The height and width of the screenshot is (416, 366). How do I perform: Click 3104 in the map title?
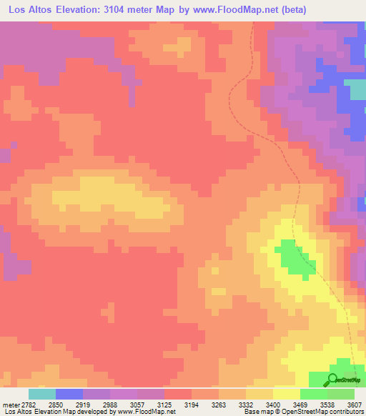pos(132,10)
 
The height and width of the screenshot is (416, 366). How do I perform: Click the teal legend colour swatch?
pos(42,394)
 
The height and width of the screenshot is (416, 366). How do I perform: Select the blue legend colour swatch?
pos(69,394)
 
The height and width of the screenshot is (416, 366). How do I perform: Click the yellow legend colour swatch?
pos(286,394)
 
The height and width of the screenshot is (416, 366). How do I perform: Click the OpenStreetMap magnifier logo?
pos(333,379)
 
